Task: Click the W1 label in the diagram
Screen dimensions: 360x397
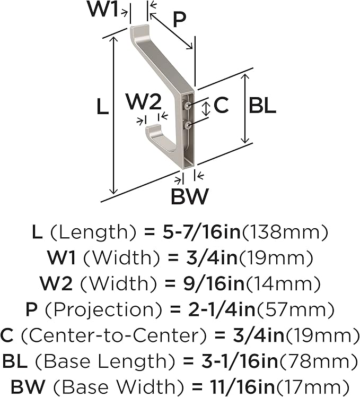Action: tap(103, 10)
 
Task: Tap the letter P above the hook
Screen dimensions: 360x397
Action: tap(179, 19)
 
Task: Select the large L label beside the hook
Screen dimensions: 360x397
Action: tap(103, 107)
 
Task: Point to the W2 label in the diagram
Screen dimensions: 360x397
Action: tap(144, 102)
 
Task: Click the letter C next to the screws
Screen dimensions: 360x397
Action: tap(221, 105)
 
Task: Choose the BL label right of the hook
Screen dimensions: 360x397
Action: tap(262, 105)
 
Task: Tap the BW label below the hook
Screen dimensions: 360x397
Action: tap(189, 196)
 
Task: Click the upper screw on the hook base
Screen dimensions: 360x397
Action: tap(188, 106)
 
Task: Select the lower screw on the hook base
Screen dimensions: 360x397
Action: tap(188, 124)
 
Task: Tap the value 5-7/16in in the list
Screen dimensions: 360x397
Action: tap(201, 232)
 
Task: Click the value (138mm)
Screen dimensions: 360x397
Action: tap(285, 232)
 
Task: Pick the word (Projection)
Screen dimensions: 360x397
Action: tap(103, 309)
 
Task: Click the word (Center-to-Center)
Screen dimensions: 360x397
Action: tap(113, 335)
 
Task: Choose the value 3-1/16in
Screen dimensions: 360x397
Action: tap(240, 361)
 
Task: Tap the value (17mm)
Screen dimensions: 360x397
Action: tap(313, 387)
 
